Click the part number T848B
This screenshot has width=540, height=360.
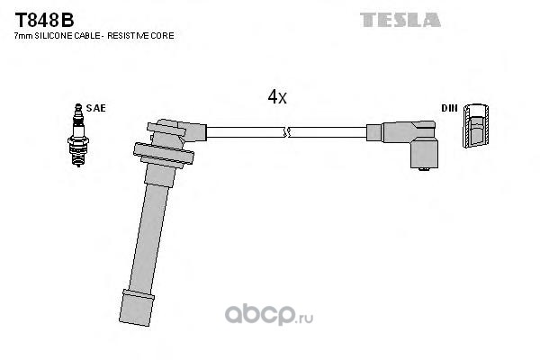44,21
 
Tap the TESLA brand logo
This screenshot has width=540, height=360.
400,20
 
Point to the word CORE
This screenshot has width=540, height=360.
166,35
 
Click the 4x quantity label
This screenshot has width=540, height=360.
277,97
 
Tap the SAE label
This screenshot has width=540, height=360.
95,108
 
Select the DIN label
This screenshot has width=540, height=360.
449,108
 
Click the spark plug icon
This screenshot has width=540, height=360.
78,135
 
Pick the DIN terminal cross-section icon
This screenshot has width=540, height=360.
476,125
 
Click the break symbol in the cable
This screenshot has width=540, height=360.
287,132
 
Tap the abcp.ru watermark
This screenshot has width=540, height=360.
269,315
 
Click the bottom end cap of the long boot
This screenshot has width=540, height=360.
136,308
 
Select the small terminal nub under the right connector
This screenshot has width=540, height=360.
425,169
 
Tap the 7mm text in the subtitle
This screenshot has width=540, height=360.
23,36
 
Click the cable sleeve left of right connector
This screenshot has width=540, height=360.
374,132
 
